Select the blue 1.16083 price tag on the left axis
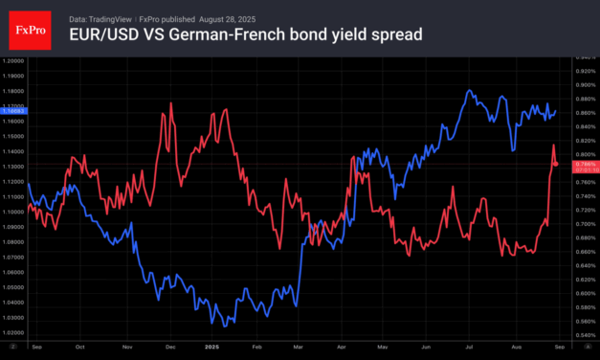coord(13,112)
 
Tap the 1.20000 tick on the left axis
coord(13,61)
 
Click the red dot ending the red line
coord(556,165)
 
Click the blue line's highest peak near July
coord(469,92)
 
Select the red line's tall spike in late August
coord(553,146)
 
